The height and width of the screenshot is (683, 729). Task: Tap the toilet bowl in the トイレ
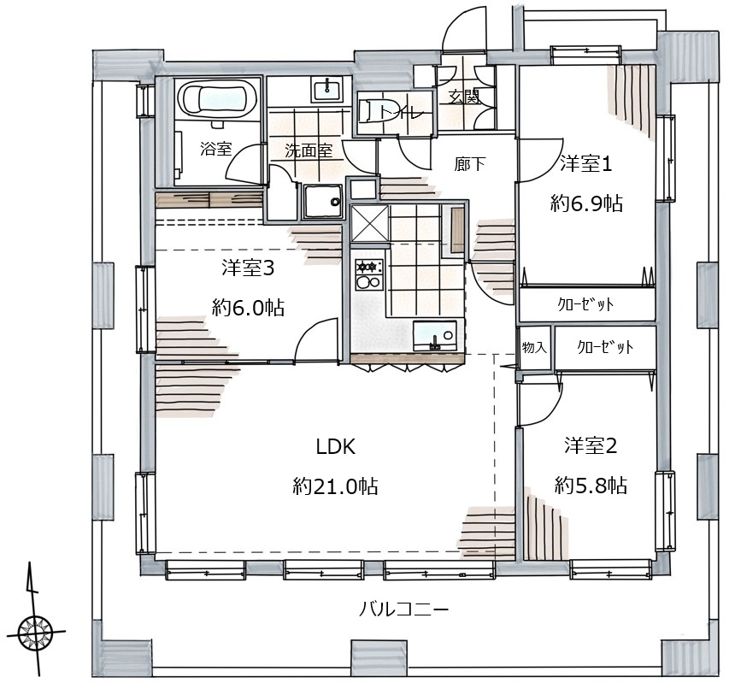371,110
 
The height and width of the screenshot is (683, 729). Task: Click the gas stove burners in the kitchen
369,274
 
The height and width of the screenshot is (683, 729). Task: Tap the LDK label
336,447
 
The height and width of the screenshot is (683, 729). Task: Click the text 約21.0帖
335,486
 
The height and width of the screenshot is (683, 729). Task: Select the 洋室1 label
585,164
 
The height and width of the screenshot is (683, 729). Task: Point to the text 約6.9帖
587,203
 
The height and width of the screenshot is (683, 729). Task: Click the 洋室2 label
591,445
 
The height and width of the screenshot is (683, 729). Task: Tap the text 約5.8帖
591,486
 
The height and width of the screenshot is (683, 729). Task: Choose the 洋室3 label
248,268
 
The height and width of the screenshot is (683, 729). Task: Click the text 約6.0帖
248,308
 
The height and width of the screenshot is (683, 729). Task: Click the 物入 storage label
534,347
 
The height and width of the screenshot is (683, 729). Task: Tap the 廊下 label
469,163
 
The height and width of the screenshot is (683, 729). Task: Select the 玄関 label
463,97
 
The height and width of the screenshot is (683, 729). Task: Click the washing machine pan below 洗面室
324,202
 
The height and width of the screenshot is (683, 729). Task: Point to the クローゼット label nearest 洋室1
585,304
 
